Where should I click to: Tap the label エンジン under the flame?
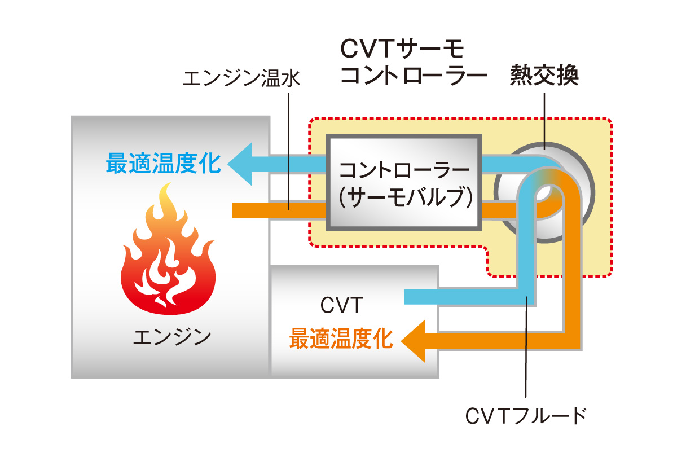coord(172,337)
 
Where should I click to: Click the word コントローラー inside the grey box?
coord(403,169)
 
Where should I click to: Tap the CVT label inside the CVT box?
coord(341,306)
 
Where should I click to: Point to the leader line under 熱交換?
coord(544,118)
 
